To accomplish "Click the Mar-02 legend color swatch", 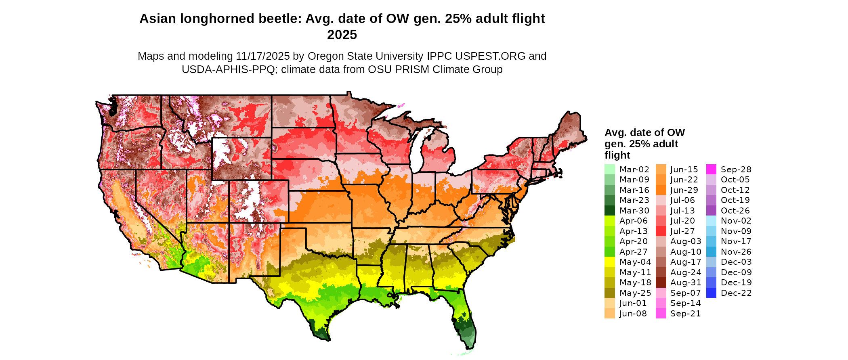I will pos(610,170).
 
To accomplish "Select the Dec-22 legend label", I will pos(736,293).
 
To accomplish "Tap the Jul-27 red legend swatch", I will pos(661,231).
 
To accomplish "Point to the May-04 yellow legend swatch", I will pos(610,262).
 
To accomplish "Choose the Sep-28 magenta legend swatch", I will pos(711,170).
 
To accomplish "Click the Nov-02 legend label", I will pos(736,221).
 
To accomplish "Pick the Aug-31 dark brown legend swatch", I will pos(661,283).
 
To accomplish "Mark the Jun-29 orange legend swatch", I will pos(661,190).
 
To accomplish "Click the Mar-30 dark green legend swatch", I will pos(610,211).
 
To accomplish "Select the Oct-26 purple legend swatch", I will pos(711,211).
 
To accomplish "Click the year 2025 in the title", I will pos(342,35).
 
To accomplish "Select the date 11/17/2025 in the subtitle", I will pos(263,56).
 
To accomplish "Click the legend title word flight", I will pos(617,155).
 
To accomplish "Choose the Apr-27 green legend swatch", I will pos(610,252).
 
